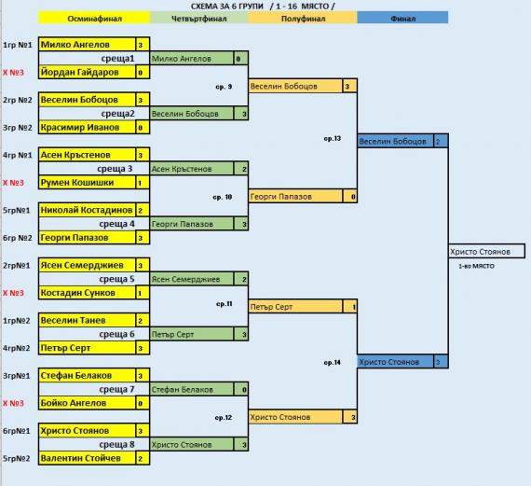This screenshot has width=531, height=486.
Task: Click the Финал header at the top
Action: pyautogui.click(x=402, y=18)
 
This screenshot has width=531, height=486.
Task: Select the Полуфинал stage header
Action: pyautogui.click(x=303, y=18)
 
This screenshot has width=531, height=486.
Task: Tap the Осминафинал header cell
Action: pyautogui.click(x=94, y=18)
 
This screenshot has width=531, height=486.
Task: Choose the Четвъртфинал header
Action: pyautogui.click(x=198, y=18)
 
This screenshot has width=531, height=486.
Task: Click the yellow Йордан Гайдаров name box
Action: pyautogui.click(x=87, y=72)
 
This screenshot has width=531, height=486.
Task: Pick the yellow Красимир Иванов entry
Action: pyautogui.click(x=87, y=128)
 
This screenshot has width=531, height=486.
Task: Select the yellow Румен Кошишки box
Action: pyautogui.click(x=87, y=183)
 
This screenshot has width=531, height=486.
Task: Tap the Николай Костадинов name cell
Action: pyautogui.click(x=87, y=210)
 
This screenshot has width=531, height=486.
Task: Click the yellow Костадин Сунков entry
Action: pyautogui.click(x=87, y=293)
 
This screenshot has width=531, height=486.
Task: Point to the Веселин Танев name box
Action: pyautogui.click(x=87, y=321)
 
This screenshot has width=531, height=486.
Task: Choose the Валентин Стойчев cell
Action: pyautogui.click(x=87, y=458)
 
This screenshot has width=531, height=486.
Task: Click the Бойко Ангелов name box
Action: pyautogui.click(x=87, y=403)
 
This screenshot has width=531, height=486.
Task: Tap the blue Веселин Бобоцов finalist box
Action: pyautogui.click(x=396, y=141)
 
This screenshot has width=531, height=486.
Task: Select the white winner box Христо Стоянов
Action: pyautogui.click(x=486, y=251)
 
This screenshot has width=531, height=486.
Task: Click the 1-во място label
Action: pyautogui.click(x=476, y=266)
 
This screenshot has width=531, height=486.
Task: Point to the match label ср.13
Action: pyautogui.click(x=333, y=138)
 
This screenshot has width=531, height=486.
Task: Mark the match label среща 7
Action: pyautogui.click(x=116, y=389)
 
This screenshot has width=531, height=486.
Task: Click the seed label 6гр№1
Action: pyautogui.click(x=16, y=431)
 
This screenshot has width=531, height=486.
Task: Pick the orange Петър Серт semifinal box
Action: pyautogui.click(x=295, y=307)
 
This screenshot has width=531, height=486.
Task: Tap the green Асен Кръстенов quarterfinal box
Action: pyautogui.click(x=192, y=169)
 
